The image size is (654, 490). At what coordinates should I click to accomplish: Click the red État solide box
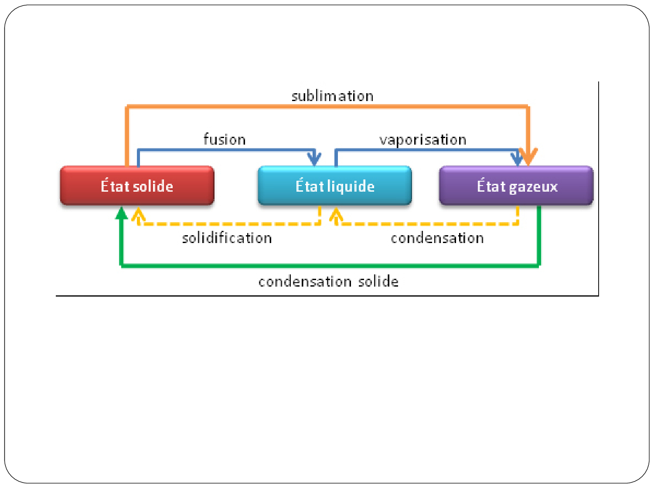[x=137, y=186]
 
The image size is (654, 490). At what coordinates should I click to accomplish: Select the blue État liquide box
[x=335, y=186]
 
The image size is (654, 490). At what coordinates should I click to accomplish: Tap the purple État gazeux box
[x=516, y=186]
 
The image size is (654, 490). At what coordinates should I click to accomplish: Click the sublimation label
[x=332, y=96]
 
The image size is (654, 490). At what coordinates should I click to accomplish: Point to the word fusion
[x=225, y=139]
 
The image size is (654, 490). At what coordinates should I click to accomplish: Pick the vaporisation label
[x=422, y=140]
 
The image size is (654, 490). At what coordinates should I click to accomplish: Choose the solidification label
[x=227, y=238]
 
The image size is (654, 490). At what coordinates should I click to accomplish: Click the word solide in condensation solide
[x=378, y=281]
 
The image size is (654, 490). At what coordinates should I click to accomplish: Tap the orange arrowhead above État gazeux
[x=528, y=157]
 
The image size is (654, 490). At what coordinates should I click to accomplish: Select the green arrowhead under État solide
[x=122, y=213]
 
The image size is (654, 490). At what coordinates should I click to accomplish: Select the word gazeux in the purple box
[x=533, y=187]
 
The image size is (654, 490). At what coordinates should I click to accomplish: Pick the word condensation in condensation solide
[x=305, y=281]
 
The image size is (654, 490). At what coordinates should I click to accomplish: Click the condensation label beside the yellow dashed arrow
[x=437, y=238]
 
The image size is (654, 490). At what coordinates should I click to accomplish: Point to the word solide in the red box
[x=153, y=186]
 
